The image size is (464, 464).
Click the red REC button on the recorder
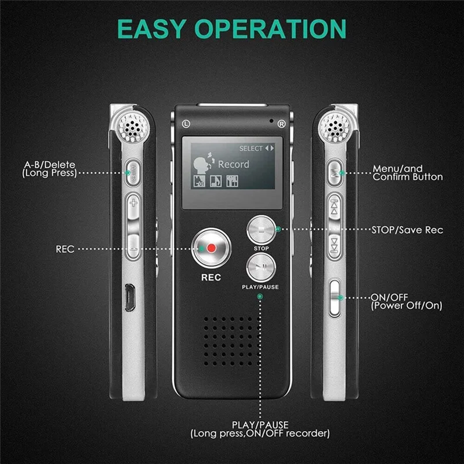click(211, 248)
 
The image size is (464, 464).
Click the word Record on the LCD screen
click(234, 164)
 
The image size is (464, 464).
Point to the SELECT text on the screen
click(251, 148)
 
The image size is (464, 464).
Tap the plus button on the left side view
click(133, 204)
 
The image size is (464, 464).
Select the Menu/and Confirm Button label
click(407, 173)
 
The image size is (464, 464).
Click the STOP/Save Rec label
click(407, 230)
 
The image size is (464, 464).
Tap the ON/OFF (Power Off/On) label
click(407, 301)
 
